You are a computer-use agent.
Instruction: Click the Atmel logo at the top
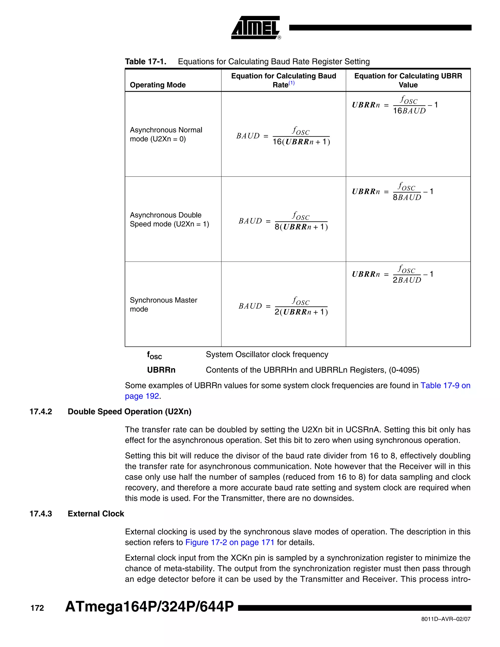(x=256, y=28)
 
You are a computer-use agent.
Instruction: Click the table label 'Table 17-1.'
(x=146, y=62)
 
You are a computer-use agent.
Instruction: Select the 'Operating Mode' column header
(x=157, y=85)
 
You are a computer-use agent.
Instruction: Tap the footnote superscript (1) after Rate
(x=292, y=83)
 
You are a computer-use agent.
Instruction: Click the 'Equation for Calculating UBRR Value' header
(x=408, y=80)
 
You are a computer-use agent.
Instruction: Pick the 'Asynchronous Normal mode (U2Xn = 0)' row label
(x=166, y=135)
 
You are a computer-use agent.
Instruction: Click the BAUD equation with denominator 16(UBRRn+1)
(x=283, y=136)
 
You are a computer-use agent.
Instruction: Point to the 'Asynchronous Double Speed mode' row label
(x=169, y=219)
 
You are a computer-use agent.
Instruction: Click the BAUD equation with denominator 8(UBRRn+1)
(x=283, y=221)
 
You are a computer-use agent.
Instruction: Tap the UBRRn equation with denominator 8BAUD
(x=392, y=192)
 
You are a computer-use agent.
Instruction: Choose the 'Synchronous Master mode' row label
(x=163, y=304)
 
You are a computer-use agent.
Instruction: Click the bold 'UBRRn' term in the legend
(x=161, y=370)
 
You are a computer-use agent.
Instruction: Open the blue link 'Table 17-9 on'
(x=445, y=386)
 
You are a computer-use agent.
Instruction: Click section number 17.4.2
(x=41, y=412)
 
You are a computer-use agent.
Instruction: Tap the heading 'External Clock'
(x=96, y=514)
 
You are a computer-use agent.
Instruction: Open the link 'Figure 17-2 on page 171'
(x=229, y=543)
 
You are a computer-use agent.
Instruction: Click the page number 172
(x=37, y=608)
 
